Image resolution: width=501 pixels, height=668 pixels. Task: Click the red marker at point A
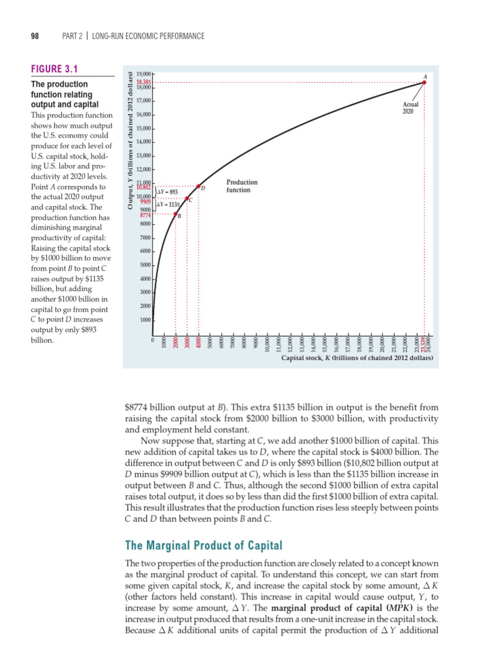pyautogui.click(x=425, y=82)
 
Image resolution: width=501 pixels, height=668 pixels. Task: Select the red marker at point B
pyautogui.click(x=175, y=213)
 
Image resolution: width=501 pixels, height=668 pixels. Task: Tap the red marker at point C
pyautogui.click(x=187, y=199)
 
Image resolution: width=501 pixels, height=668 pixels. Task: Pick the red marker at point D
pyautogui.click(x=199, y=187)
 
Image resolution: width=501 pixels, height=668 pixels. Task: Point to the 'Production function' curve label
pyautogui.click(x=241, y=186)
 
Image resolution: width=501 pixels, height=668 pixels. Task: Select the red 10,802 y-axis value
pyautogui.click(x=143, y=187)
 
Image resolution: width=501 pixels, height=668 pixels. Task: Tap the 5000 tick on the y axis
pyautogui.click(x=145, y=265)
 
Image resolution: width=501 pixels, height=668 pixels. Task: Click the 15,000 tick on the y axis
pyautogui.click(x=144, y=129)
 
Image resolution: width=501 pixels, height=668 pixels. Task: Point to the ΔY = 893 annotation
pyautogui.click(x=168, y=192)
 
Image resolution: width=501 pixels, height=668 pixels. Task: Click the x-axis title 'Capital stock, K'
pyautogui.click(x=357, y=358)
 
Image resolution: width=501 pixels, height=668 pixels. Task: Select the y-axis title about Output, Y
pyautogui.click(x=130, y=140)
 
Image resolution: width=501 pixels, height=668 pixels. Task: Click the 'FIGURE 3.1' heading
pyautogui.click(x=54, y=69)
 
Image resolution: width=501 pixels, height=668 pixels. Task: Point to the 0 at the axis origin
pyautogui.click(x=153, y=339)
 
